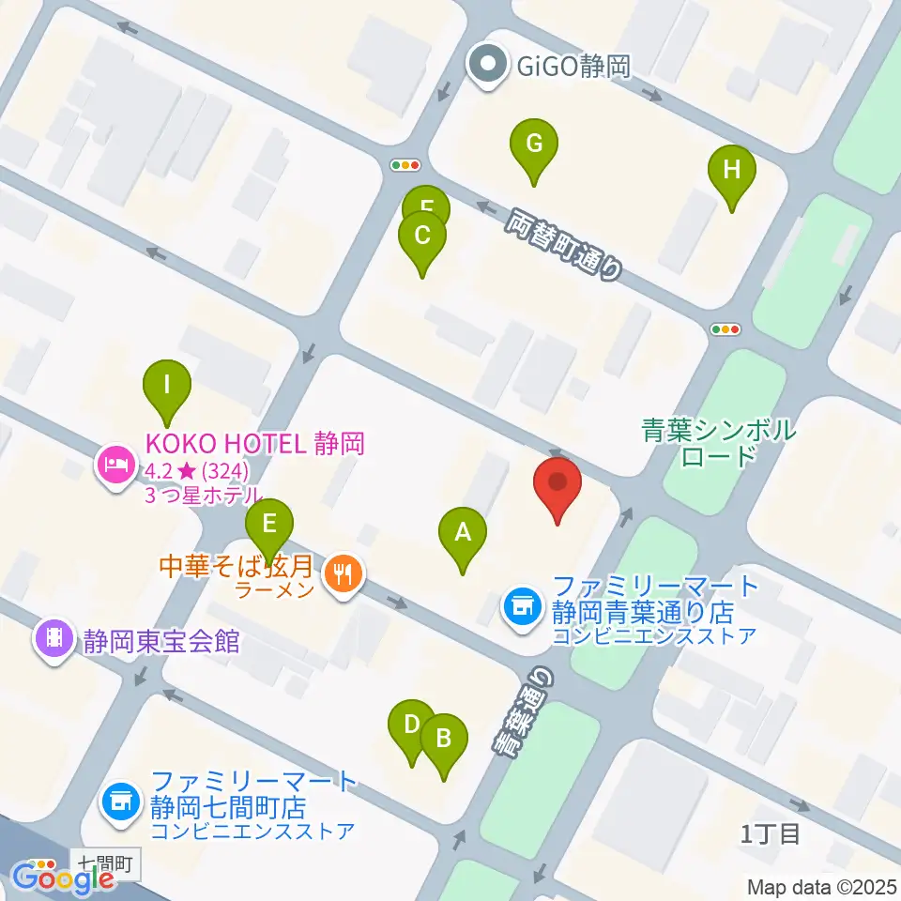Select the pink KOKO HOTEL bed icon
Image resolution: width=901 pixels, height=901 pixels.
click(x=115, y=463)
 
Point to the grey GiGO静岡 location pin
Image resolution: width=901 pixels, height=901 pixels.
click(x=488, y=67)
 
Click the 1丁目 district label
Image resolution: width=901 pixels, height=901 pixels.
click(x=771, y=833)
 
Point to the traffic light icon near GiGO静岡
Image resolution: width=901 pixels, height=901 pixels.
click(x=405, y=165)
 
